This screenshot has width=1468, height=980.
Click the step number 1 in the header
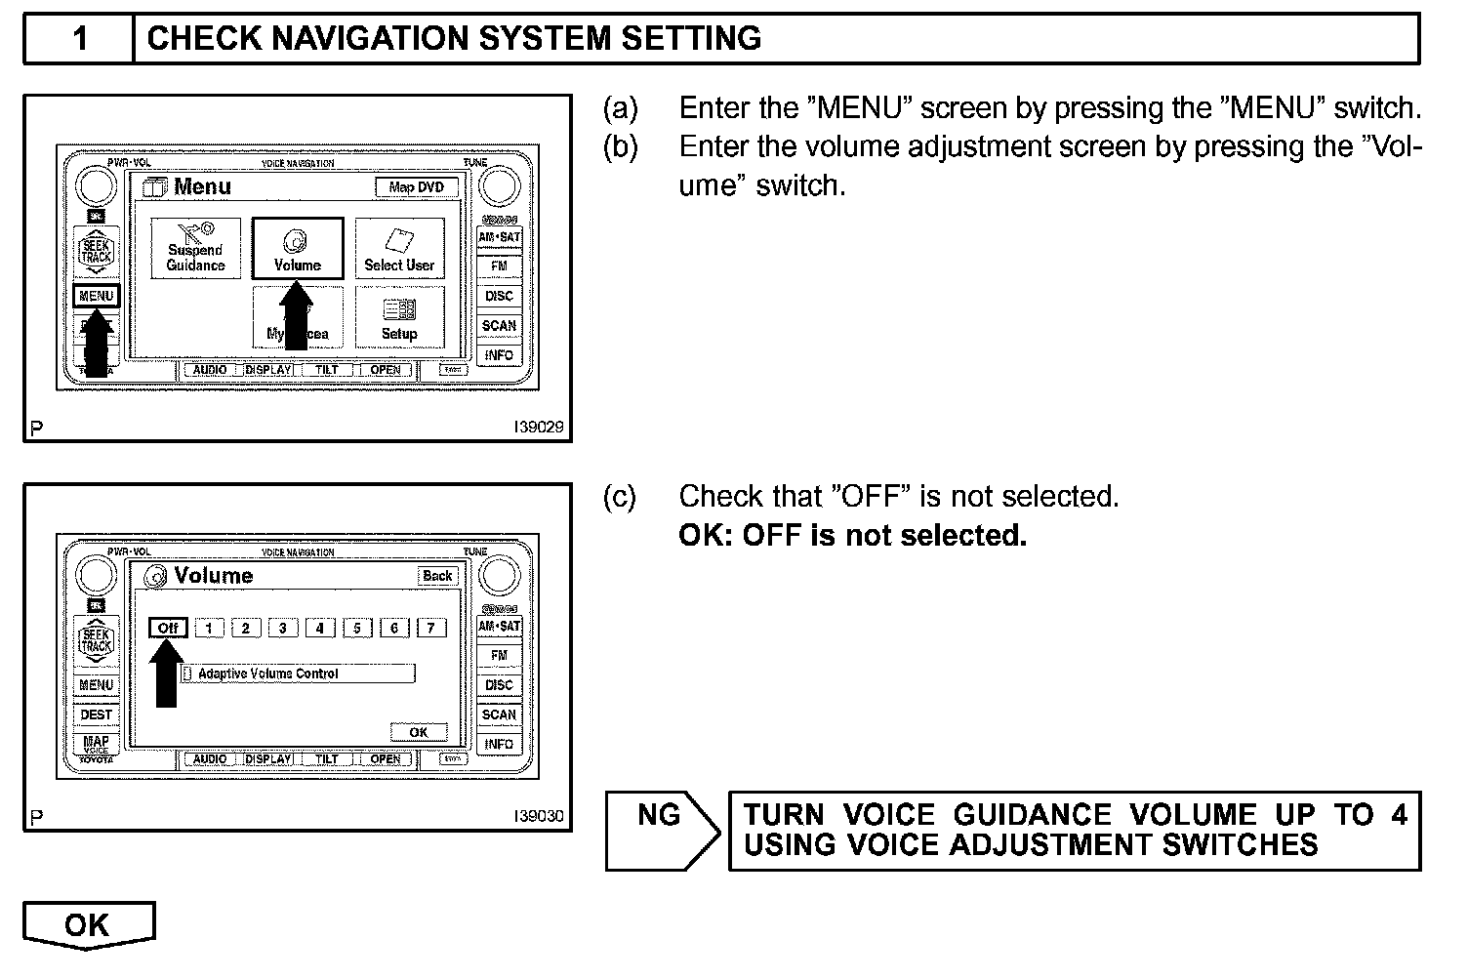(80, 39)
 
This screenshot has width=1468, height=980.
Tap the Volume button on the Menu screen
(298, 249)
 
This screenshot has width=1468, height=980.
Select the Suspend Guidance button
(195, 249)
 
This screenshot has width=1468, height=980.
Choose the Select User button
(399, 249)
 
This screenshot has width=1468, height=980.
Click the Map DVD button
(417, 187)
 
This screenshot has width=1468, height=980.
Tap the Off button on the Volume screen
(168, 628)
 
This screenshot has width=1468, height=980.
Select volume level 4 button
(319, 628)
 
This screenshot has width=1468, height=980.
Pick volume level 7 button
(430, 628)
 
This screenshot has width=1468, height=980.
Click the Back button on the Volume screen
(437, 576)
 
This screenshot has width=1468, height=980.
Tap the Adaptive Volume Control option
(298, 674)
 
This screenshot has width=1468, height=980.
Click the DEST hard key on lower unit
(97, 715)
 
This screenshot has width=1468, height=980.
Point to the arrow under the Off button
(167, 674)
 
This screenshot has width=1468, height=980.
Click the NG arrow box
(661, 830)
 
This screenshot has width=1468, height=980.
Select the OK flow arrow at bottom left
(88, 925)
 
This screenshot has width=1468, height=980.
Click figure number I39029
(539, 427)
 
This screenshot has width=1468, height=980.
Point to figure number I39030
(539, 816)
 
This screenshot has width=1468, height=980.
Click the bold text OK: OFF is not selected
(852, 536)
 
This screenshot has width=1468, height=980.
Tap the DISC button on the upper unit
(499, 296)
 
